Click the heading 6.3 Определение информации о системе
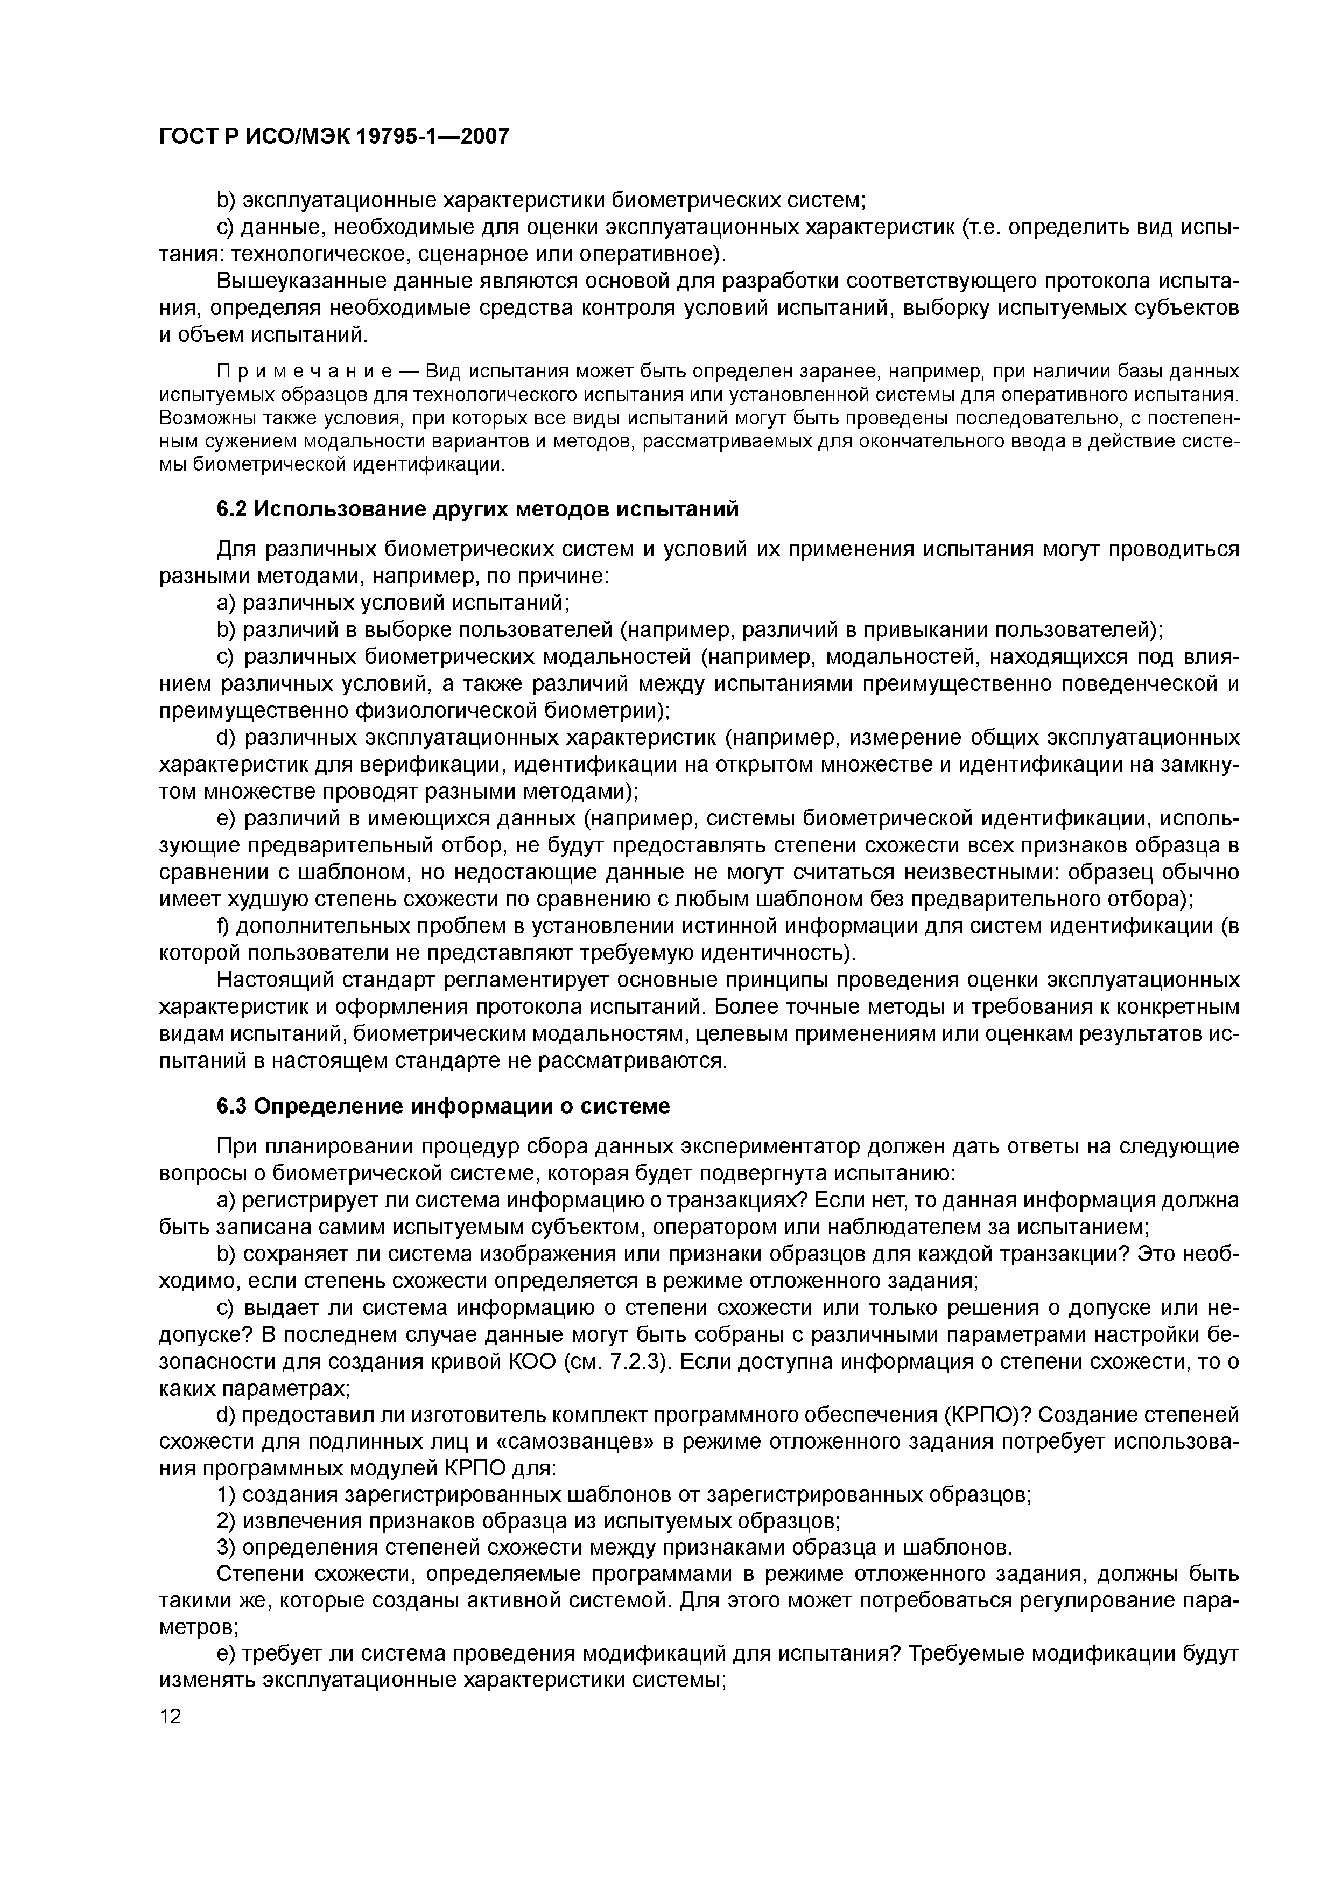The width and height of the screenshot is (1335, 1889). coord(444,1107)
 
